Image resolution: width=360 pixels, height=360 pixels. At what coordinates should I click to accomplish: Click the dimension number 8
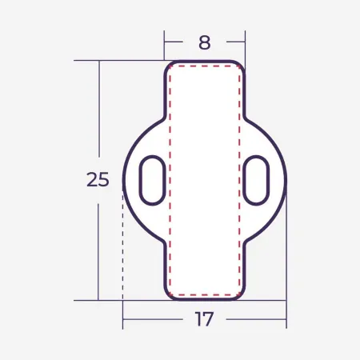(205, 42)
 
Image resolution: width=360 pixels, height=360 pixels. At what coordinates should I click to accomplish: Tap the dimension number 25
(98, 179)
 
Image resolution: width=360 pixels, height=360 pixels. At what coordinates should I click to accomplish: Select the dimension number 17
(204, 318)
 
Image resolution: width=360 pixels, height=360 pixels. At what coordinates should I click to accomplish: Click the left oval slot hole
(153, 180)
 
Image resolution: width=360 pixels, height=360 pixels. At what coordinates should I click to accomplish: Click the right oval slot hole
(256, 180)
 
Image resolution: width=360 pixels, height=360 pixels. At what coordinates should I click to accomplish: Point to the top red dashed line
(205, 66)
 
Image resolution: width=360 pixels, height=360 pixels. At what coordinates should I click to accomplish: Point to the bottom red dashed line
(205, 295)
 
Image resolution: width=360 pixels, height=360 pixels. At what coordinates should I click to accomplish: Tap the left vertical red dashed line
(170, 180)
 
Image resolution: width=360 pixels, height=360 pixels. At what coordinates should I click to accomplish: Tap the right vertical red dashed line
(240, 180)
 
